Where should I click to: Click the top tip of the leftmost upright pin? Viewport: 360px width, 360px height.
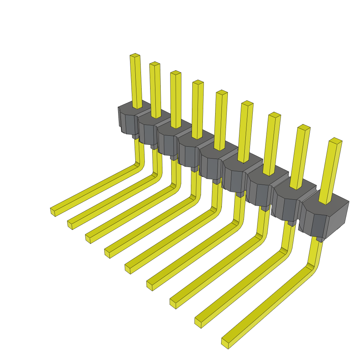135,56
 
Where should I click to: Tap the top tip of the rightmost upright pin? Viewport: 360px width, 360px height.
335,140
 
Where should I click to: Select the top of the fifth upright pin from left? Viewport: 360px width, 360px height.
222,92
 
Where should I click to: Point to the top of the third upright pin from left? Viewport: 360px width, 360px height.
176,73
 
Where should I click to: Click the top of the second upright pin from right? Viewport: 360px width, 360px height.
303,127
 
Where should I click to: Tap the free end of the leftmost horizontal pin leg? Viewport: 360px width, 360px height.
53,212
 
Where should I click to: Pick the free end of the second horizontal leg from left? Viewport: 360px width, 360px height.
70,225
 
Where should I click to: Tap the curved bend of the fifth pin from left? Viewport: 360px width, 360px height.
217,211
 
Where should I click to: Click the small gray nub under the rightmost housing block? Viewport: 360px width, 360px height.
320,239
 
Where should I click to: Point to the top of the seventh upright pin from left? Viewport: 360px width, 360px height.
274,115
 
